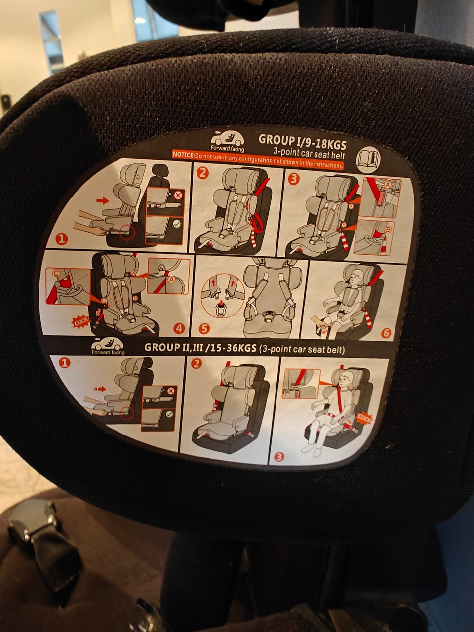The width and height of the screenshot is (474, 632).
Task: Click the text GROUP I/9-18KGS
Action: pyautogui.click(x=302, y=141)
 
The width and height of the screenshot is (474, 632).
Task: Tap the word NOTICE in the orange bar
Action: pyautogui.click(x=183, y=155)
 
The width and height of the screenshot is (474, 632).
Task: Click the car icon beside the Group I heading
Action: pyautogui.click(x=227, y=138)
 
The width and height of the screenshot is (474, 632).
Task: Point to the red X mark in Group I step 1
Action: pyautogui.click(x=178, y=196)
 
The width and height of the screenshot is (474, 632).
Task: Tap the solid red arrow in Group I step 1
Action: pyautogui.click(x=103, y=200)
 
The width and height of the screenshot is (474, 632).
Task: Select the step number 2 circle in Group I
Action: pyautogui.click(x=202, y=173)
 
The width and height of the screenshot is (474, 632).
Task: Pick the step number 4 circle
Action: pyautogui.click(x=179, y=328)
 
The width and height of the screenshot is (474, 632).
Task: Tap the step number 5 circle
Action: pyautogui.click(x=204, y=328)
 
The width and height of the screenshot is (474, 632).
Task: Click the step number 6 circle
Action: pyautogui.click(x=386, y=333)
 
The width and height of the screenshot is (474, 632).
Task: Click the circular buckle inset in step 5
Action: pyautogui.click(x=223, y=296)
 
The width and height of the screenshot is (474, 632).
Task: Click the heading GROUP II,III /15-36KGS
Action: pyautogui.click(x=200, y=348)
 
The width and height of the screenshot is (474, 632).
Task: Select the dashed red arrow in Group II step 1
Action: pyautogui.click(x=100, y=389)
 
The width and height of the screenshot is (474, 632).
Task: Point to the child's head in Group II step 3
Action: pyautogui.click(x=346, y=380)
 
